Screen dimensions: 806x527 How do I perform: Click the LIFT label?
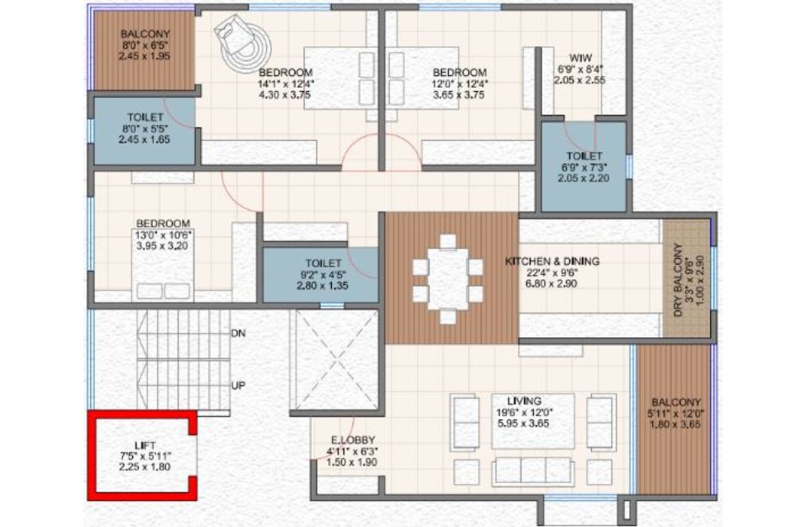click(x=145, y=445)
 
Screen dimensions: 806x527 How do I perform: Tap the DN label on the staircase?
click(x=238, y=334)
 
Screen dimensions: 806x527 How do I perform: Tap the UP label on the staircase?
click(x=238, y=385)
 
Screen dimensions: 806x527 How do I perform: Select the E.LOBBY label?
click(x=353, y=440)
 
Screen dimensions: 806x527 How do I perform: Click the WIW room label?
click(x=580, y=57)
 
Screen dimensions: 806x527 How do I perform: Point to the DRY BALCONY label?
click(x=679, y=279)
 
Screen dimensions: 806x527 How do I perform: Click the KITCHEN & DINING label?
click(x=552, y=261)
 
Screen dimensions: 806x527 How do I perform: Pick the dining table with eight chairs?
click(x=448, y=279)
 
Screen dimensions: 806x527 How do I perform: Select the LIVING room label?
click(x=524, y=401)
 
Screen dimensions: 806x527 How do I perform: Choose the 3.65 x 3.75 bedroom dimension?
click(x=458, y=94)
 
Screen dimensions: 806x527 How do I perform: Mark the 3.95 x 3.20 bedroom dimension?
click(x=163, y=246)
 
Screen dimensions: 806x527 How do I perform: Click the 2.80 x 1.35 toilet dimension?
click(x=323, y=286)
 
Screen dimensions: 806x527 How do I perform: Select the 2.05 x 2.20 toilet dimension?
click(x=584, y=178)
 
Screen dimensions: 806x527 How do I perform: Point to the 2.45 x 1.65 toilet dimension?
click(x=145, y=139)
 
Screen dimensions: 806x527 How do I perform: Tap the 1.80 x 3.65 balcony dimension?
click(x=675, y=425)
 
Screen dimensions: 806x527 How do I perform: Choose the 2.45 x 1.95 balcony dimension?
click(x=145, y=56)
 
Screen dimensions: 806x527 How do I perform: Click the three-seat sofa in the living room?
click(x=533, y=471)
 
